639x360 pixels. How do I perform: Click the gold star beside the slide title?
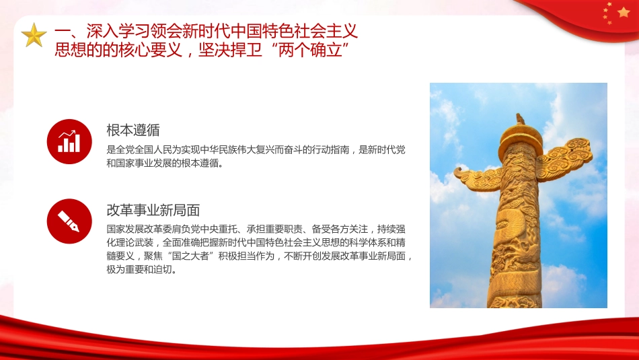(x=34, y=35)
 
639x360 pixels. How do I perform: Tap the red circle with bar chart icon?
(x=69, y=141)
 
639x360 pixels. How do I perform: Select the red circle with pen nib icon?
(x=69, y=221)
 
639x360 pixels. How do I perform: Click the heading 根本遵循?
(x=133, y=130)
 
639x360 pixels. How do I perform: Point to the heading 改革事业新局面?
(x=153, y=209)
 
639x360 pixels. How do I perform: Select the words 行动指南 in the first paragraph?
(x=331, y=150)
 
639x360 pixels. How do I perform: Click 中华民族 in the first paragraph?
(x=226, y=150)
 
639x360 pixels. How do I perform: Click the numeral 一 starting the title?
(x=62, y=31)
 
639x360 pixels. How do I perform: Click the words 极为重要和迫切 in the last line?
(x=138, y=271)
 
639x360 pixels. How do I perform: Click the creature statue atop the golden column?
(x=520, y=119)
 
